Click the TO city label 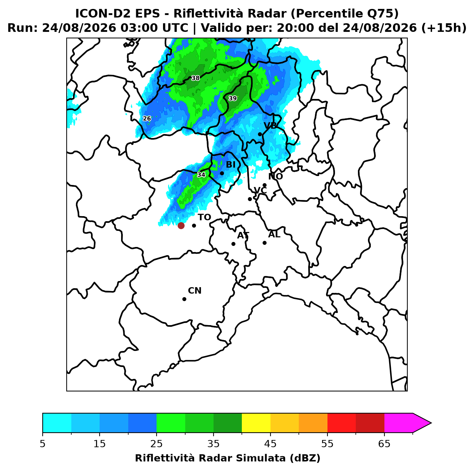point(204,217)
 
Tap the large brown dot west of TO point(181,225)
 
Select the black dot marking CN point(184,299)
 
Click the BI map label point(230,165)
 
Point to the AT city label point(243,235)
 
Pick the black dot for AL point(264,243)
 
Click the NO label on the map point(275,176)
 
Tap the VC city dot point(250,199)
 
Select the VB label point(270,125)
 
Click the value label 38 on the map point(196,78)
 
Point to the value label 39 point(233,99)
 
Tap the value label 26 point(147,119)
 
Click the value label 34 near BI point(201,175)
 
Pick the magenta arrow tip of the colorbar point(431,423)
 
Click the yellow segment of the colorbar point(256,423)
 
